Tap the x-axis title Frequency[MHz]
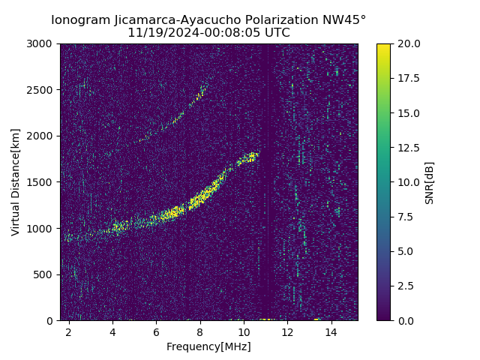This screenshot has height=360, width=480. coord(208,346)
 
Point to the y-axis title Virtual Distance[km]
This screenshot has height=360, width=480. coord(16,181)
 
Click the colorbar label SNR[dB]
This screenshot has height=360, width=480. coord(430,182)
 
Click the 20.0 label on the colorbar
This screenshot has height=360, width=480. coord(408,43)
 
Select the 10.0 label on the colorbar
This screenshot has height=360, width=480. coord(408,182)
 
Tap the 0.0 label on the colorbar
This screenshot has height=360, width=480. coord(405,320)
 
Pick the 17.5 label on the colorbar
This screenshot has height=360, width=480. coord(408,78)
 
